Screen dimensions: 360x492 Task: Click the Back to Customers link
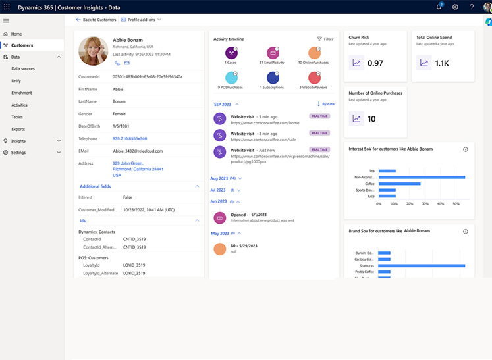coord(96,20)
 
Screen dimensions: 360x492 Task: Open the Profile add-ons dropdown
coord(141,20)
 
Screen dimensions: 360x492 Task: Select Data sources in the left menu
coord(23,69)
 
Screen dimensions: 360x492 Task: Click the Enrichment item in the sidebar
coord(22,93)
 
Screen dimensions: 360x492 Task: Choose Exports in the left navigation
coord(18,129)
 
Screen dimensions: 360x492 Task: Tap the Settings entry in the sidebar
coord(18,153)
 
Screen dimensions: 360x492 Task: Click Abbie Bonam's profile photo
coord(93,51)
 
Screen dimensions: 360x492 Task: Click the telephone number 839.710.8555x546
coord(130,139)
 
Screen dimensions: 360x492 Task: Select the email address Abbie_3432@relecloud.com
coord(138,151)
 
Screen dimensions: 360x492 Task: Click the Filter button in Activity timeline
coord(325,39)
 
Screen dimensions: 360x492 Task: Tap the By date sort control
coord(325,104)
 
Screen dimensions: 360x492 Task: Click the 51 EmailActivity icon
coord(273,53)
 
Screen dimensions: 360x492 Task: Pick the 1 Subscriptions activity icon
coord(273,78)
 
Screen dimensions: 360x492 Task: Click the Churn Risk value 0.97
coord(375,63)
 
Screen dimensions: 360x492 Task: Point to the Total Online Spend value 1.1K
coord(441,63)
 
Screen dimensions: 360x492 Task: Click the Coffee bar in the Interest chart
coord(399,184)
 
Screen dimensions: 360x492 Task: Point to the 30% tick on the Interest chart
coord(425,204)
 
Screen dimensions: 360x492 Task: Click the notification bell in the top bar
coord(439,7)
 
